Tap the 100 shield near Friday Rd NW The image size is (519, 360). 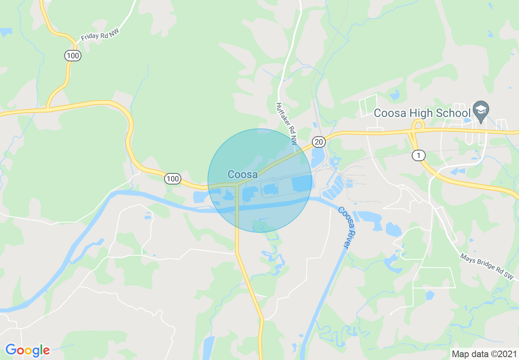(72, 56)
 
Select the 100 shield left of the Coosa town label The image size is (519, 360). (173, 178)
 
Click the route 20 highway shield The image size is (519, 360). (319, 142)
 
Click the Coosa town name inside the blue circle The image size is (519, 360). (243, 175)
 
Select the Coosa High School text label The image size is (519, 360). (422, 113)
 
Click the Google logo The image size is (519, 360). (27, 350)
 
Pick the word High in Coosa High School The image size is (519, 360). (419, 113)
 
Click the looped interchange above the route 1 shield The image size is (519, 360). (417, 124)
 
